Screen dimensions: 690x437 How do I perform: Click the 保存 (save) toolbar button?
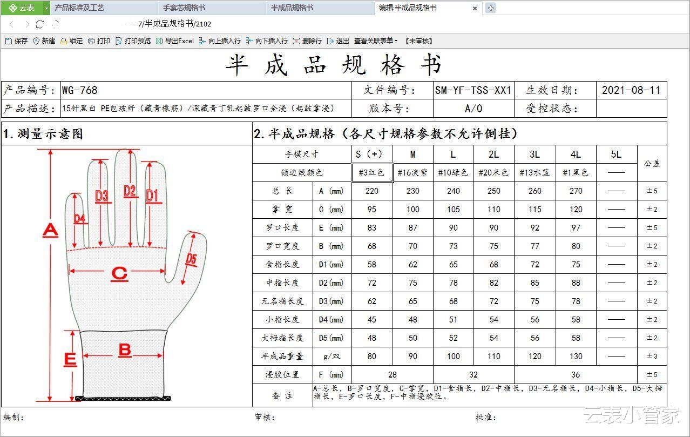[x=17, y=41]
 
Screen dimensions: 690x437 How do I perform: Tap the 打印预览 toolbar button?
[x=133, y=41]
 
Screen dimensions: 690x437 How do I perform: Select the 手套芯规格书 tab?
[x=184, y=8]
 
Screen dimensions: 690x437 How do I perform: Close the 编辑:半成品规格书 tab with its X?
[x=475, y=8]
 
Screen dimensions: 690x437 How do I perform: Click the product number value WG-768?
[x=79, y=90]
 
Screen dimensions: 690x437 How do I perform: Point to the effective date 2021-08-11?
[x=631, y=90]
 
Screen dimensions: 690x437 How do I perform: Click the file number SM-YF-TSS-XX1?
[x=473, y=90]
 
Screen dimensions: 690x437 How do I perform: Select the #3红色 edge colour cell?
[x=372, y=172]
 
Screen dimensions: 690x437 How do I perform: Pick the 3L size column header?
[x=535, y=154]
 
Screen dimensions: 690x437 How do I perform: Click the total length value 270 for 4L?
[x=576, y=191]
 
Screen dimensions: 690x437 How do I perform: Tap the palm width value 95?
[x=372, y=210]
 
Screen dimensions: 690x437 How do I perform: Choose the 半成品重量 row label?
[x=282, y=357]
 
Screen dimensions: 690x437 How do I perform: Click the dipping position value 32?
[x=473, y=375]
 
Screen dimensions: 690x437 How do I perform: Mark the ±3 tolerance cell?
[x=652, y=357]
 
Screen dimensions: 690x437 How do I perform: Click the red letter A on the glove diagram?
[x=51, y=231]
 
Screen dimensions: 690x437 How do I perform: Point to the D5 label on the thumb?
[x=191, y=259]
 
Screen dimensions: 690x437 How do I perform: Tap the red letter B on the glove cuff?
[x=125, y=351]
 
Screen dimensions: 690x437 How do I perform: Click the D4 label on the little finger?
[x=79, y=219]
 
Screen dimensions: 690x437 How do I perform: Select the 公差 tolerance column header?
[x=652, y=163]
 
